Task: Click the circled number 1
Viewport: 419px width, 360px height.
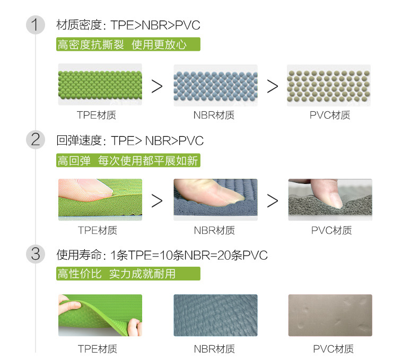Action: [x=36, y=25]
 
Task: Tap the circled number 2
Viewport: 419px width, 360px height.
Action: [x=36, y=140]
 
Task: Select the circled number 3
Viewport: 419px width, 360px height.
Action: [x=36, y=254]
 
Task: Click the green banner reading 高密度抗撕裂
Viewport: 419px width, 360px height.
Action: [x=128, y=45]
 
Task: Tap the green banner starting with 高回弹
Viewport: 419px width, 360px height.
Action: [x=128, y=160]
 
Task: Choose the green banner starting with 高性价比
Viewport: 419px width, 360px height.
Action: [x=128, y=274]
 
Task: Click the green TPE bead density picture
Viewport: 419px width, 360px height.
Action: [x=100, y=85]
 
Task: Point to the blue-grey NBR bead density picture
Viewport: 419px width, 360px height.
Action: [x=215, y=85]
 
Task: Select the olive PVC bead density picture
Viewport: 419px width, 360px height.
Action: [x=329, y=85]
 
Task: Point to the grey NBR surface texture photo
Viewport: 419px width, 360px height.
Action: [x=215, y=315]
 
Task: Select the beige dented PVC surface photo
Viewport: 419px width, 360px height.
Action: [x=330, y=315]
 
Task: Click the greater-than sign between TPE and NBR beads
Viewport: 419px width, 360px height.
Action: [x=157, y=86]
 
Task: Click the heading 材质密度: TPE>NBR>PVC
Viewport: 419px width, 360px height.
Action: [x=128, y=25]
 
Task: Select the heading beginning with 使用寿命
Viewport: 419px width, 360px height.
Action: [x=162, y=255]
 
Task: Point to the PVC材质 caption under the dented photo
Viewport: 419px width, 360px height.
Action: [x=333, y=349]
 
